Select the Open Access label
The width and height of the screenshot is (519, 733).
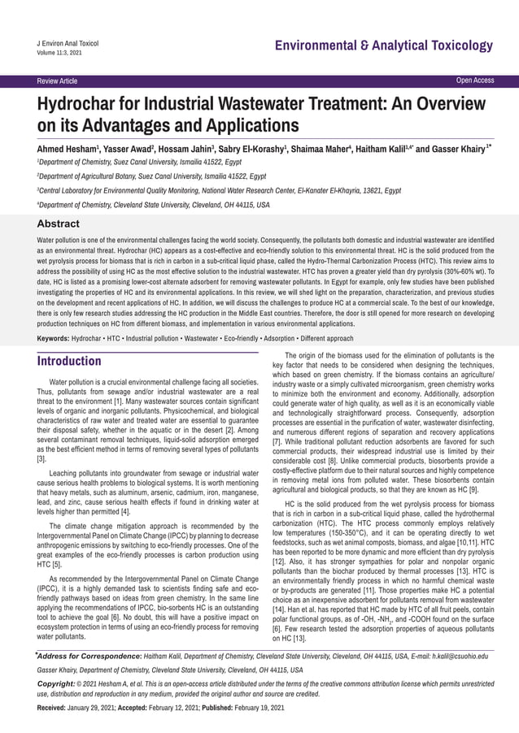pos(475,80)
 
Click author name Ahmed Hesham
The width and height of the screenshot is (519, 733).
pos(68,150)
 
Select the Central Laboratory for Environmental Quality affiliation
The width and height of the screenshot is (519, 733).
pos(220,190)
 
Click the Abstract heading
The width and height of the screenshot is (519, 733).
pos(59,223)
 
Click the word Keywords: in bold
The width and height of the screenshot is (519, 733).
pos(53,337)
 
